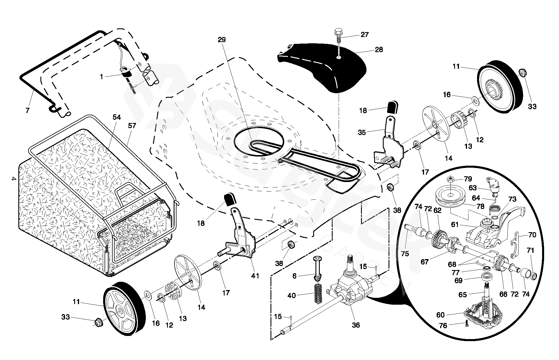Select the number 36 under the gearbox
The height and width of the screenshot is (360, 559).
click(356, 325)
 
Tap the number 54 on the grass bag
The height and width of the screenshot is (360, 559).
click(117, 117)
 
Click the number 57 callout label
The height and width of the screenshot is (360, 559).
click(132, 126)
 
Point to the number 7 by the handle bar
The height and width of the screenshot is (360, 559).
click(28, 110)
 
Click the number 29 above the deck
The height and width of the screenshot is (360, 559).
click(222, 40)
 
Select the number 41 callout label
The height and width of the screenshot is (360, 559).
click(255, 276)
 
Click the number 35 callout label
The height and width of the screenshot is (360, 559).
click(362, 132)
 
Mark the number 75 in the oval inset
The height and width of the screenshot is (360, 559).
click(405, 254)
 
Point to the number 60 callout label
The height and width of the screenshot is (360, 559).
click(440, 315)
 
